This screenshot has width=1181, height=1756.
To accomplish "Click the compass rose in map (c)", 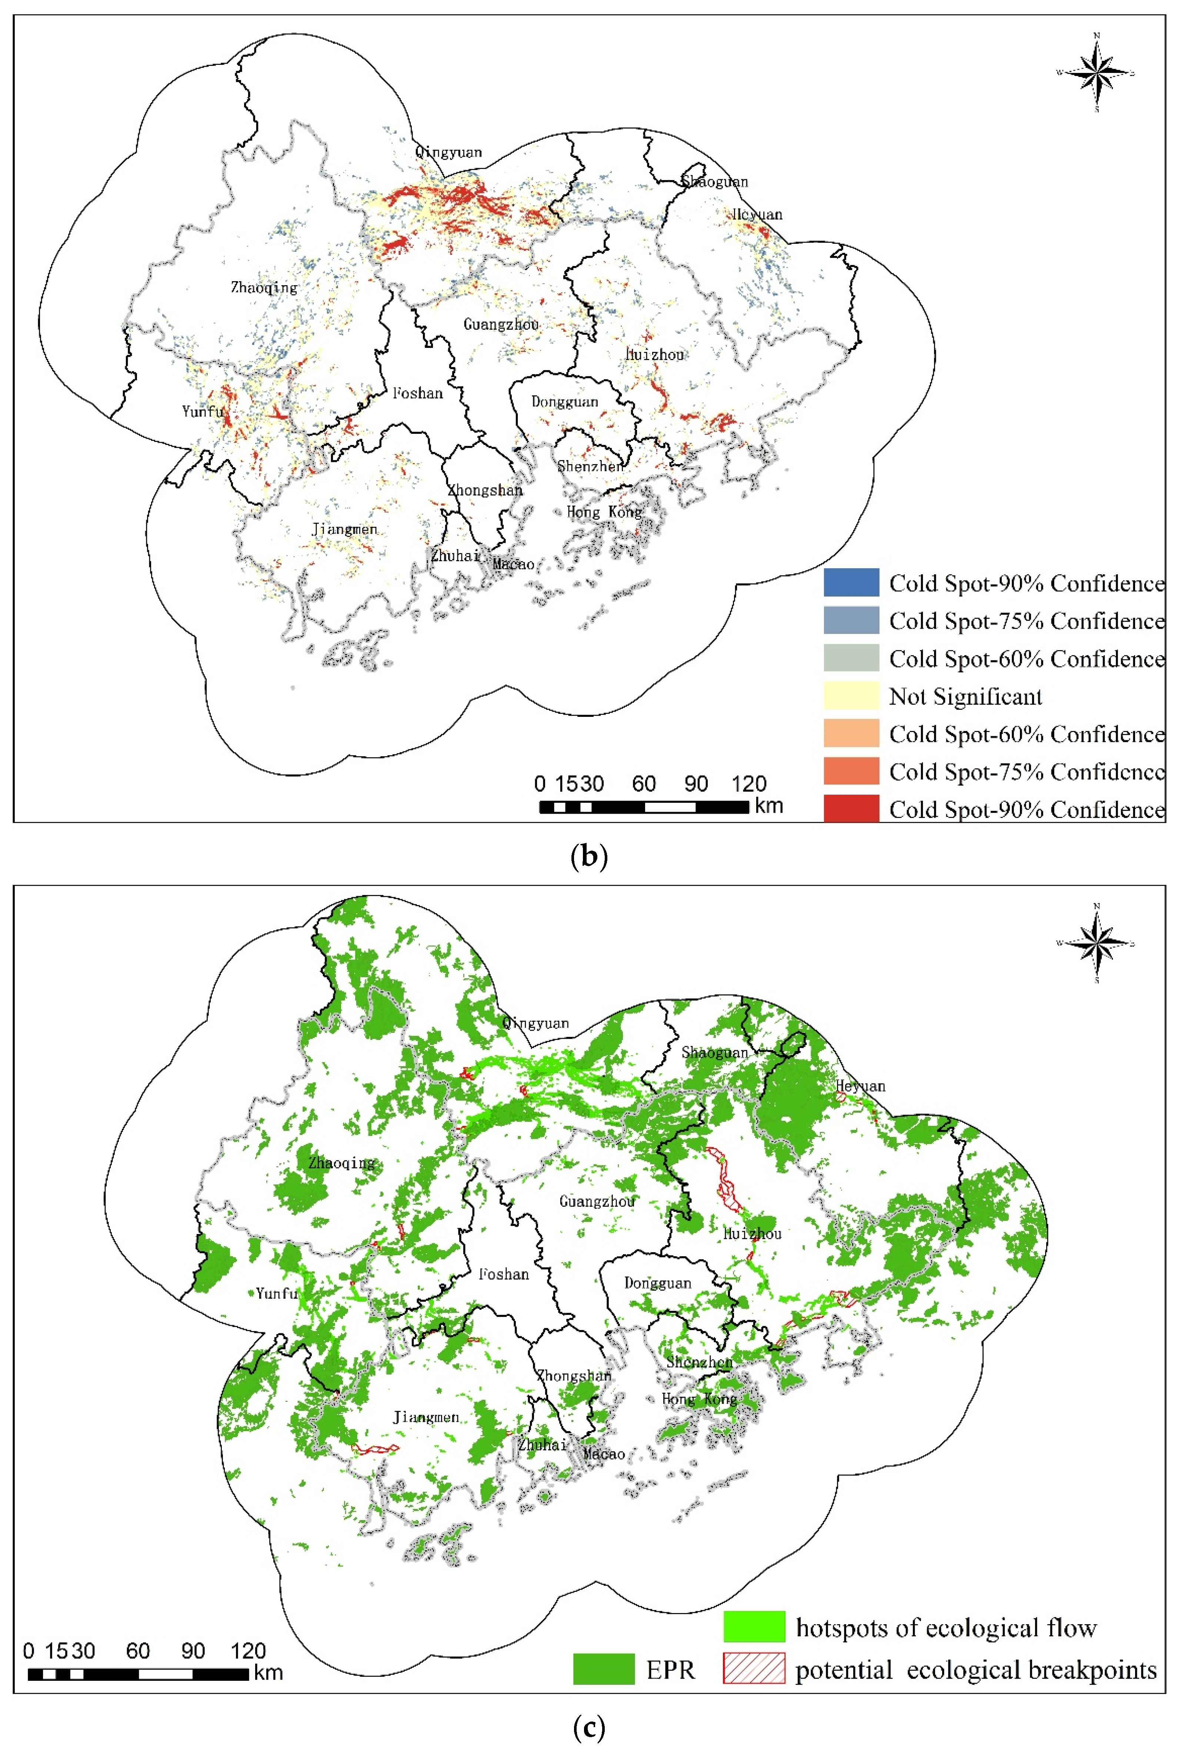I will [x=1097, y=942].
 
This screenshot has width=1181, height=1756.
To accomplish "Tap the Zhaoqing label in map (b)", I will [x=264, y=287].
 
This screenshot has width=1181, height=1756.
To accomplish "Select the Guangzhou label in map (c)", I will [x=597, y=1201].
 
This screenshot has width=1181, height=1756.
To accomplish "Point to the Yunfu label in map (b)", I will [x=203, y=411].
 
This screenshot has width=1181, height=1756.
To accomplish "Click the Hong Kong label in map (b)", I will [x=604, y=512].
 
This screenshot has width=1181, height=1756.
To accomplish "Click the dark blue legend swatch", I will [x=851, y=582].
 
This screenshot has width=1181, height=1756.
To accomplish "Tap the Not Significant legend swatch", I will [x=851, y=695].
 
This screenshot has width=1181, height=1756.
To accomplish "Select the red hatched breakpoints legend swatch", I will [x=754, y=1669].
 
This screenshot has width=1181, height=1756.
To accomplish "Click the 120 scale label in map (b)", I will [x=749, y=784].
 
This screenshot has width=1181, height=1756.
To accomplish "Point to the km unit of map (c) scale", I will [x=268, y=1673].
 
